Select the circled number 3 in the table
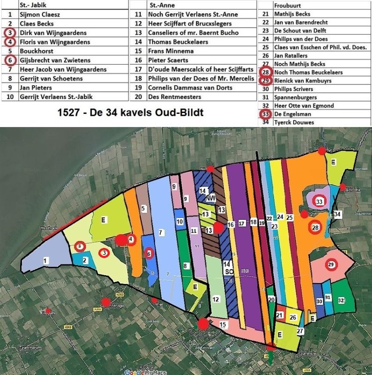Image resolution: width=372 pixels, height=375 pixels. [x=10, y=33]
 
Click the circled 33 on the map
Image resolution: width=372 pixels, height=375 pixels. [x=320, y=201]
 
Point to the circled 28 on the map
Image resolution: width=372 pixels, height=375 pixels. [x=315, y=228]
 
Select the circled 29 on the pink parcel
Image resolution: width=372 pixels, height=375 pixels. [x=332, y=264]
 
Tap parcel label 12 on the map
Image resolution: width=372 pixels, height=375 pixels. [x=216, y=299]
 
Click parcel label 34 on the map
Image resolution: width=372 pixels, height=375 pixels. [x=338, y=214]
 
